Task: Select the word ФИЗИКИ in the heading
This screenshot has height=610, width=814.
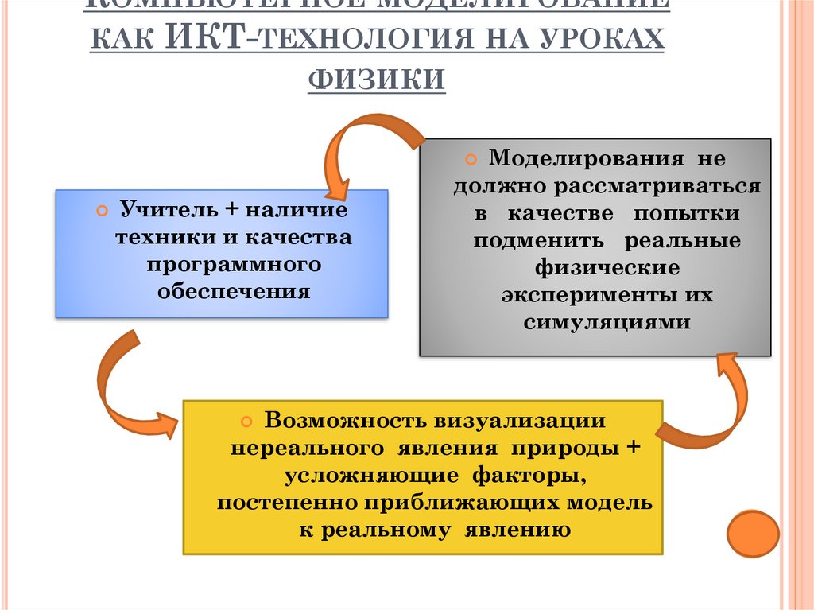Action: (376, 80)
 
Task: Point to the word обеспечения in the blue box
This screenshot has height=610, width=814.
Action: (233, 290)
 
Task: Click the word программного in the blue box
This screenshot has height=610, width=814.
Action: (233, 264)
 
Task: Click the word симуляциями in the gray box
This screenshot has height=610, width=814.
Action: (607, 322)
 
